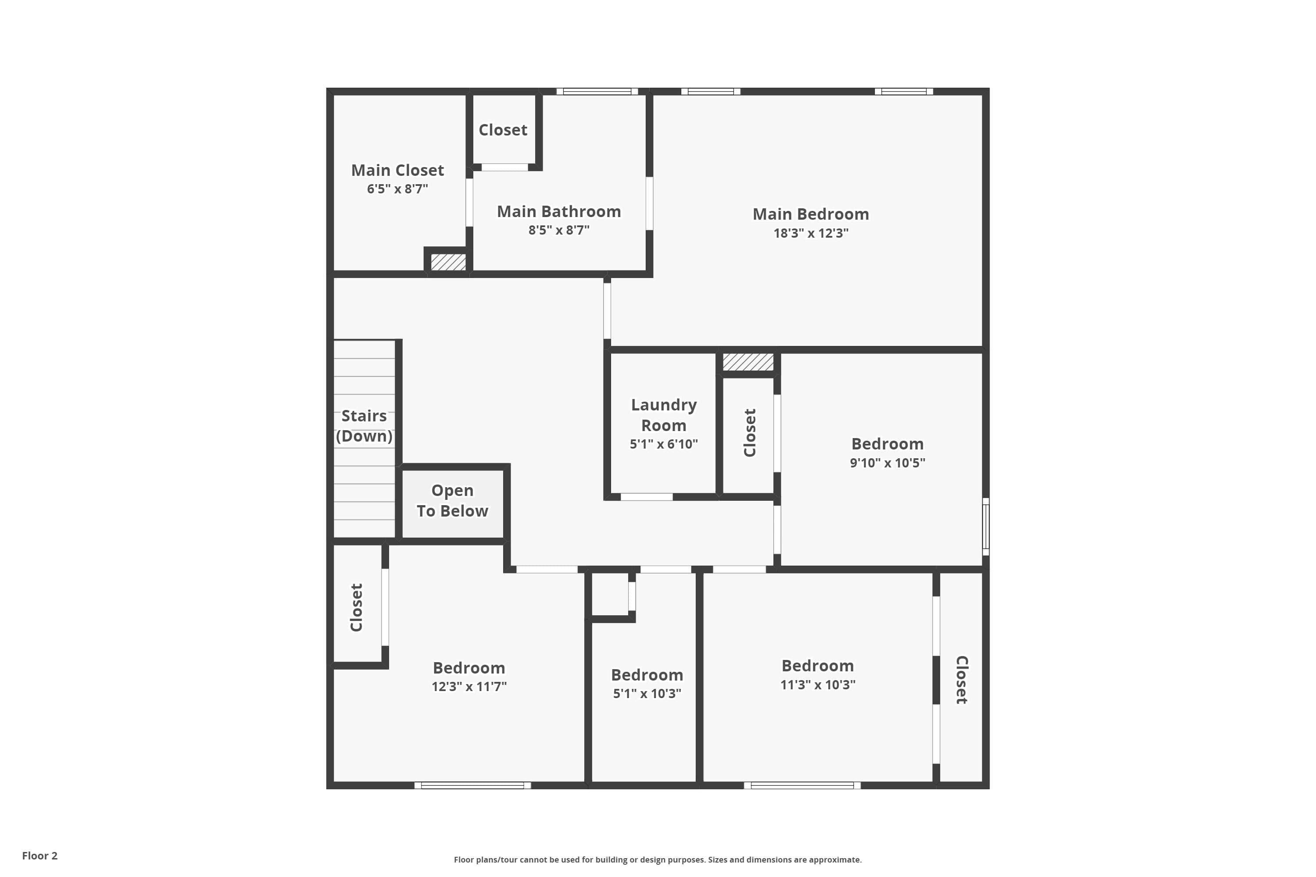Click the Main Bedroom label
810,214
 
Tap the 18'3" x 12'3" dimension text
811,233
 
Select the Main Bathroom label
558,211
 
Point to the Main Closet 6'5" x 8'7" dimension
397,189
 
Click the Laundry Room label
664,415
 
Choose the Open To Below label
452,501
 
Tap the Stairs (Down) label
364,426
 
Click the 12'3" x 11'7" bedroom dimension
469,686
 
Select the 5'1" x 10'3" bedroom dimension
647,694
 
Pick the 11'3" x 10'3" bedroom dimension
818,684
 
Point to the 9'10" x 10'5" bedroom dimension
887,463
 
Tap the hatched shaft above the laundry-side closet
747,362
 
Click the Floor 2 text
40,856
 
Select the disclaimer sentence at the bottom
658,859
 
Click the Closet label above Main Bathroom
502,130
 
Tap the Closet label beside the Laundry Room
750,432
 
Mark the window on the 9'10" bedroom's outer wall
986,526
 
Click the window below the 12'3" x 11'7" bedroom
472,785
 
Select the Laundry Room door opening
646,497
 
